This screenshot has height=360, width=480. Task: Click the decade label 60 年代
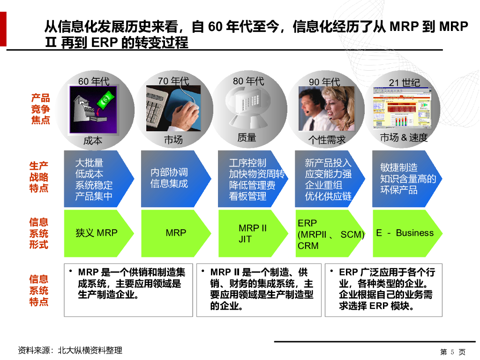[x=94, y=82]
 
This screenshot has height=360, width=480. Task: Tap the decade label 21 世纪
[x=405, y=83]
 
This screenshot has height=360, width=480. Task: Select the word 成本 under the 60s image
[x=93, y=141]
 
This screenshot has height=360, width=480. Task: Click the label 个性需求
[x=327, y=140]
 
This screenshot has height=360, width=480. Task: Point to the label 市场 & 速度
[x=404, y=138]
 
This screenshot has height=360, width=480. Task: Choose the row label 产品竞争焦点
[x=40, y=109]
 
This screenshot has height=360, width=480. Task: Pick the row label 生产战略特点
[x=39, y=177]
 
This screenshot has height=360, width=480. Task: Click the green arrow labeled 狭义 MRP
[x=97, y=233]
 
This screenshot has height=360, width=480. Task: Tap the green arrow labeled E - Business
[x=405, y=233]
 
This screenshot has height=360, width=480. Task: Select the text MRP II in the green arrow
[x=253, y=228]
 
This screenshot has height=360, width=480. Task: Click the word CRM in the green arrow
[x=308, y=246]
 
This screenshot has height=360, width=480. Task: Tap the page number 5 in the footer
[x=452, y=352]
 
